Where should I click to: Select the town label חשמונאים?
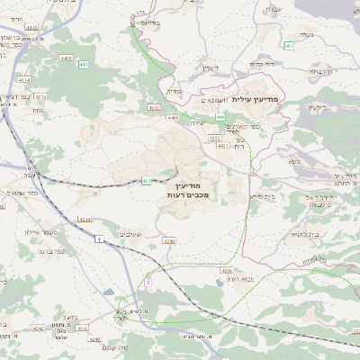point(209,102)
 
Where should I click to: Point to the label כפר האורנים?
point(236,130)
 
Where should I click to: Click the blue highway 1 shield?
point(97,239)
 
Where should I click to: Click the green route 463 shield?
point(288,45)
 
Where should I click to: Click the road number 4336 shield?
point(227,269)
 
